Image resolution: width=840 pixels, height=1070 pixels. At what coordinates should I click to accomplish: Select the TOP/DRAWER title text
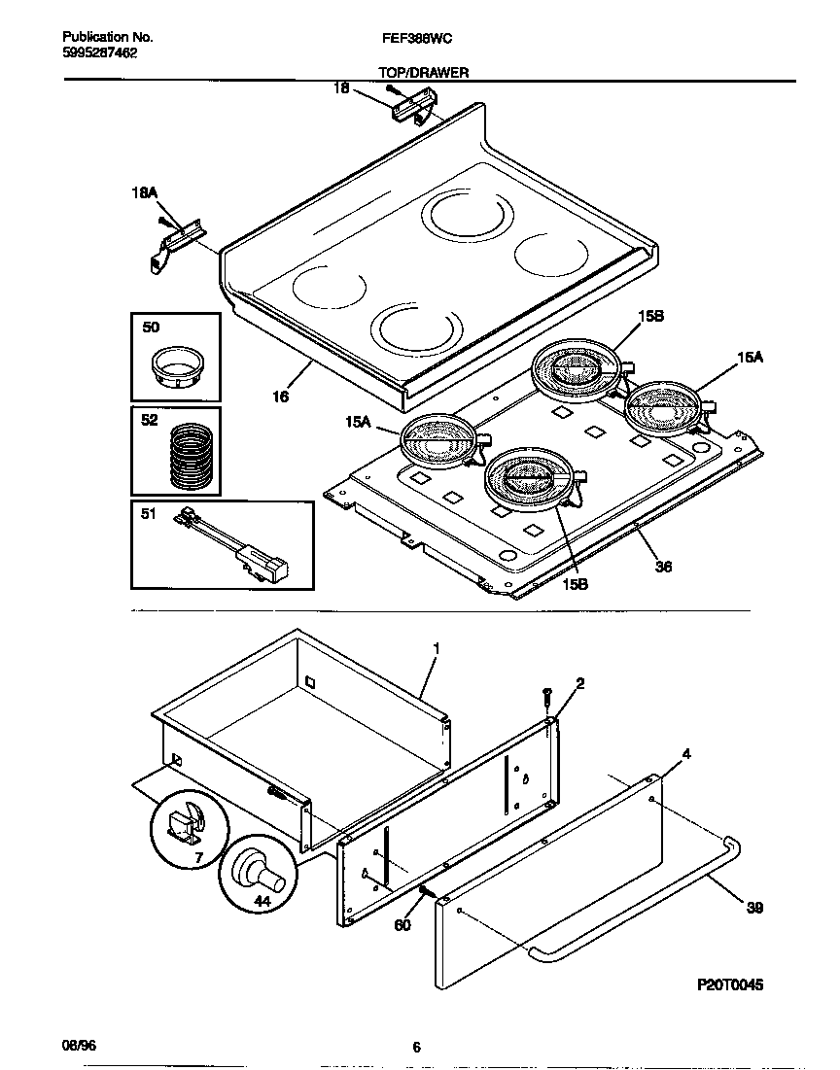(423, 72)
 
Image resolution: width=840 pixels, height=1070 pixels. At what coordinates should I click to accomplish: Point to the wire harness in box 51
(232, 548)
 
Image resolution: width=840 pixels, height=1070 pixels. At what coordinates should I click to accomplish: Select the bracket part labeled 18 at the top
(411, 107)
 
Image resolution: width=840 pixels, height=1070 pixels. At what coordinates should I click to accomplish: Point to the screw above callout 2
(547, 697)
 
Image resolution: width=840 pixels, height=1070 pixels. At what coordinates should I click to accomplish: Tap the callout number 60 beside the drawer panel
(402, 924)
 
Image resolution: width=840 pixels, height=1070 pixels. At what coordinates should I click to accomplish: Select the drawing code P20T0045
(729, 984)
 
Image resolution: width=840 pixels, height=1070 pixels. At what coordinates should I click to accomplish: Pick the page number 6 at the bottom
(416, 1047)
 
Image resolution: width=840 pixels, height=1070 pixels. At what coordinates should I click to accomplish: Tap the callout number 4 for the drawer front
(686, 753)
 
